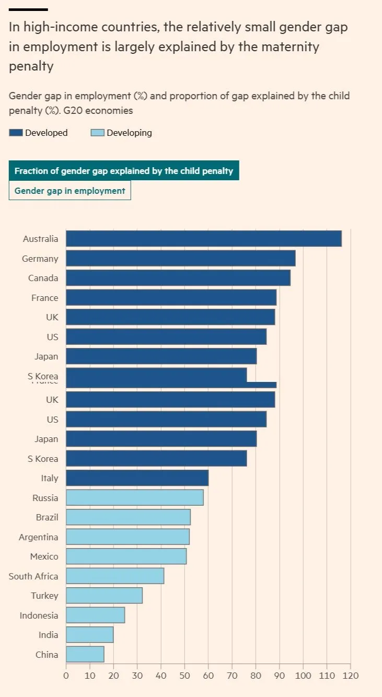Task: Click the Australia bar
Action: coord(203,239)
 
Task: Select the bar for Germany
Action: coord(180,258)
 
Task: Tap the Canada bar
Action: coord(178,278)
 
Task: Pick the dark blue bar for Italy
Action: coord(137,478)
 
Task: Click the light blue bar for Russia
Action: coord(134,498)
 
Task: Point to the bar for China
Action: coord(85,655)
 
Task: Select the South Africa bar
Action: coord(114,576)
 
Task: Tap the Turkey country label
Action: coord(44,596)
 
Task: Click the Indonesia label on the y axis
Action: coord(39,615)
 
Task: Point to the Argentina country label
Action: coord(38,537)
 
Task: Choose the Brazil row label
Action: coord(47,517)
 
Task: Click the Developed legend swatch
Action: coord(16,133)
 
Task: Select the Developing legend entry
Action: coord(129,133)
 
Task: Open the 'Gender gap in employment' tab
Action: coord(70,191)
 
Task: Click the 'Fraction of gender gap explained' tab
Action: coord(124,171)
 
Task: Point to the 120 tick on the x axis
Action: coord(350,675)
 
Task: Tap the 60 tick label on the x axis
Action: coord(208,675)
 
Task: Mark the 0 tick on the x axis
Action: coord(66,675)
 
